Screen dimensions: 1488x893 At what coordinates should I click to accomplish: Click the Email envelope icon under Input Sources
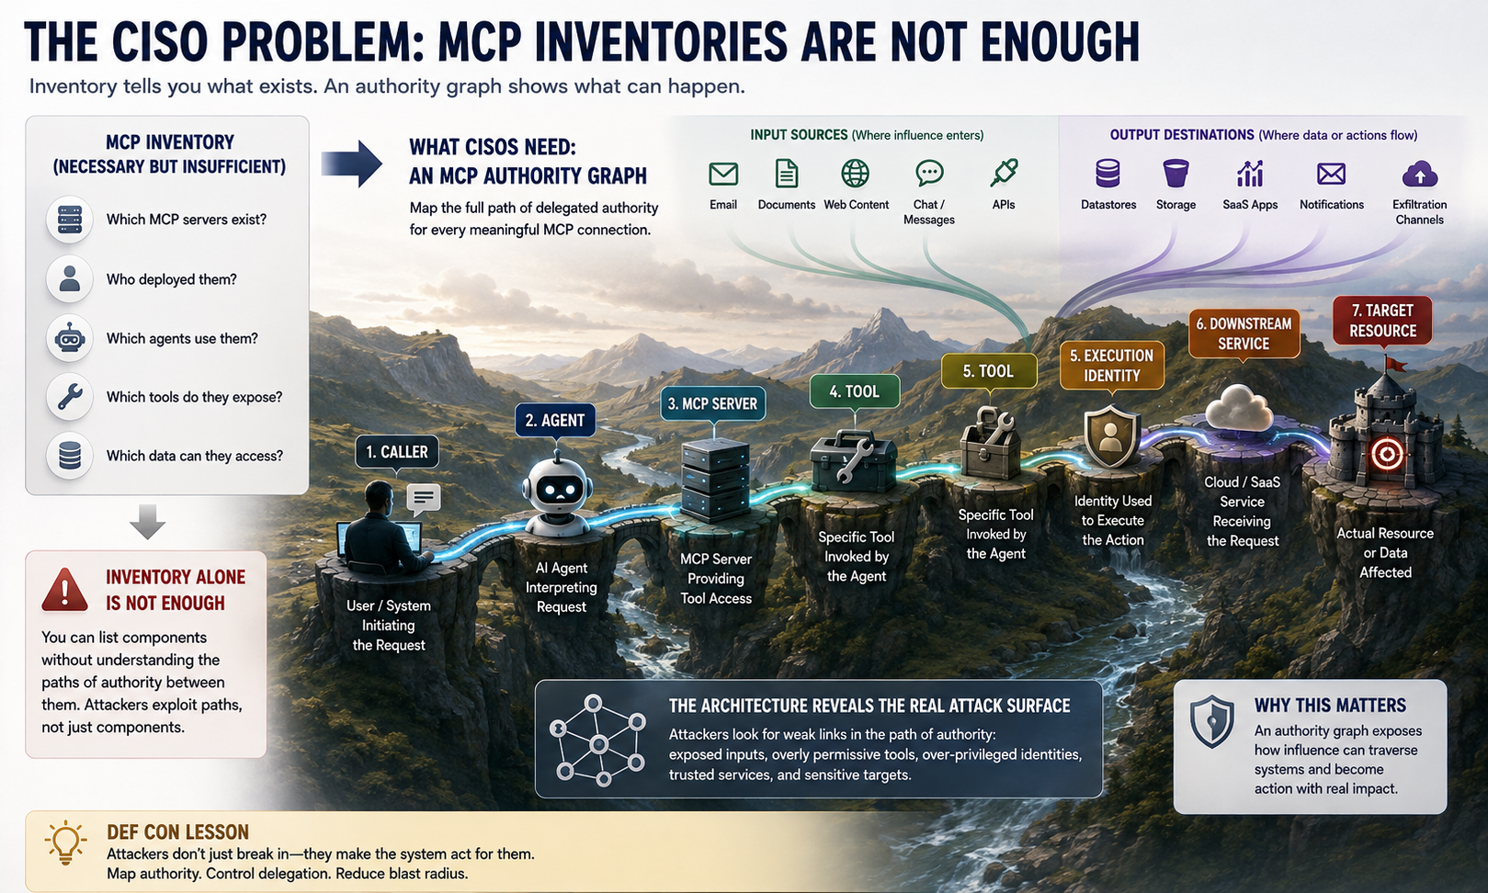coord(723,174)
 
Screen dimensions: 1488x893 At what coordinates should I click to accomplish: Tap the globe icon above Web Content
coord(855,174)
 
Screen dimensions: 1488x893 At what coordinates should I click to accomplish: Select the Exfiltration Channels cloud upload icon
coord(1420,174)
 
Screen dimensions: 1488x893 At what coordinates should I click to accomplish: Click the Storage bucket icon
coord(1176,174)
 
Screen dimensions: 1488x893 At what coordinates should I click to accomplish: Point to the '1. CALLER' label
coord(396,452)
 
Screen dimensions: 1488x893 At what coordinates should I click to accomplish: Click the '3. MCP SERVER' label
coord(712,403)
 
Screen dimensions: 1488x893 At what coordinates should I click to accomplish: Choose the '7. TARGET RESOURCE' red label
coord(1382,320)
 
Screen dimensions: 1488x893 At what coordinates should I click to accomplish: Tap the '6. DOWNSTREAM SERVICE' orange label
coord(1244,333)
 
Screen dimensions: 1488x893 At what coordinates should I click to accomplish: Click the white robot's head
coord(557,488)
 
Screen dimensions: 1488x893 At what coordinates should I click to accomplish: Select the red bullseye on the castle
coord(1387,455)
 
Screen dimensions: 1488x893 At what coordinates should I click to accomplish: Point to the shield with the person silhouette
coord(1111,437)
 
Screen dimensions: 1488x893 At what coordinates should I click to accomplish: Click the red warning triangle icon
coord(64,590)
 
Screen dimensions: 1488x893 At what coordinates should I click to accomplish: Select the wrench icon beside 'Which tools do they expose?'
coord(69,397)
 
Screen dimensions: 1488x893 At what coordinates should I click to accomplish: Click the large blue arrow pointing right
coord(351,164)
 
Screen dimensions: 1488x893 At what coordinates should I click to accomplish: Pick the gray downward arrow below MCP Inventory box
coord(147,522)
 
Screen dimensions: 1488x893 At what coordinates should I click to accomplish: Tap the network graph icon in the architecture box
coord(598,740)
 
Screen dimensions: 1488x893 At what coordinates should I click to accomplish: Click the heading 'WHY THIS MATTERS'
coord(1330,705)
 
